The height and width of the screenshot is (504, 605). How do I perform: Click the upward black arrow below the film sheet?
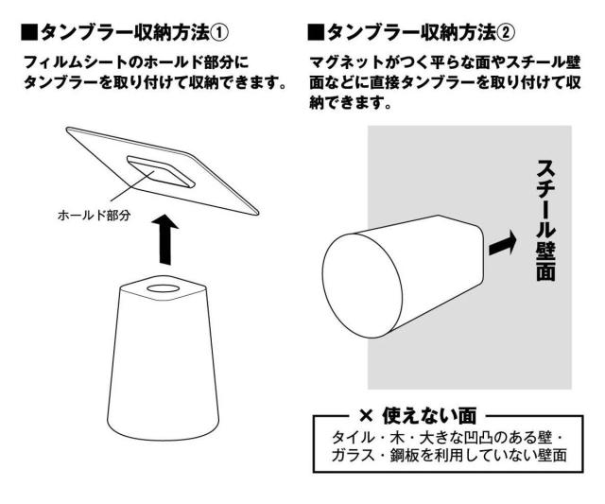point(165,241)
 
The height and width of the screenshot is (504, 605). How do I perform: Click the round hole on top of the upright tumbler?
point(164,285)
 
